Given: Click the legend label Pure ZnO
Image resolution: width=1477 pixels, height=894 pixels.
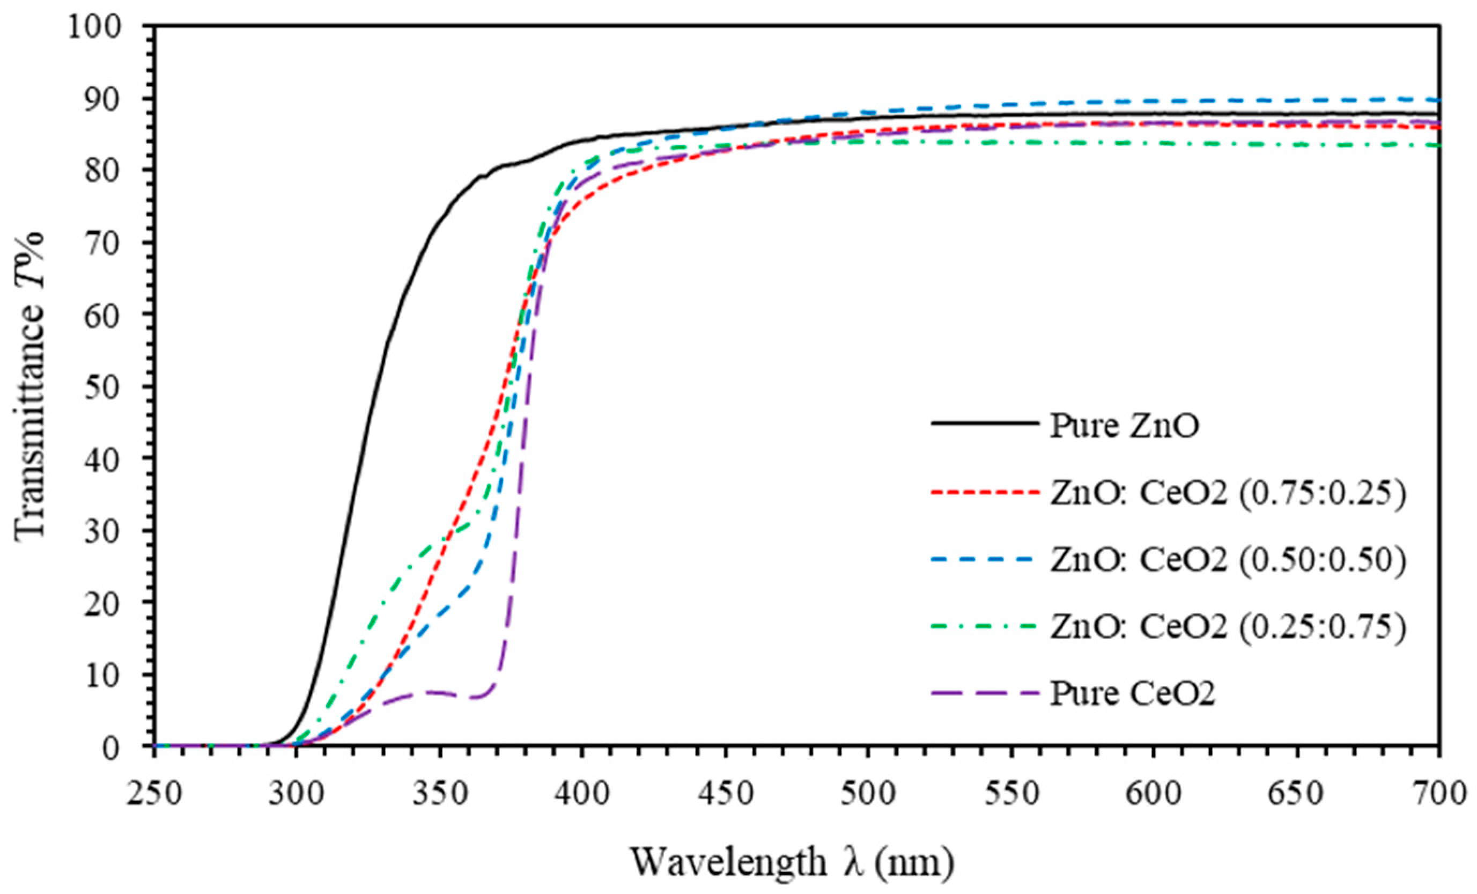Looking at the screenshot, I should [1125, 427].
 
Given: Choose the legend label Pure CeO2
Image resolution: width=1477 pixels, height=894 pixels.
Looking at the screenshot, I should [1132, 694].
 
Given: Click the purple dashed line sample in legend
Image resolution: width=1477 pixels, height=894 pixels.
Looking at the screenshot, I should [985, 694].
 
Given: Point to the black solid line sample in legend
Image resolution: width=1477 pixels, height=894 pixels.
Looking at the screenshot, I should [985, 423].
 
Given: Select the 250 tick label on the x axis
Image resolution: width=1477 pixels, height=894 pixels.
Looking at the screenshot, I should [154, 793].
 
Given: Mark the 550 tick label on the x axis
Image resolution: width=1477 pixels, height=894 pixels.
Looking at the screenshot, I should [1011, 793].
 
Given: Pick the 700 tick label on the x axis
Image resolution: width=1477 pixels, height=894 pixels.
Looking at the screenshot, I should [1438, 793].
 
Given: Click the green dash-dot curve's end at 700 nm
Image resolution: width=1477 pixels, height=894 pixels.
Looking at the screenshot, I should [1437, 145].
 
